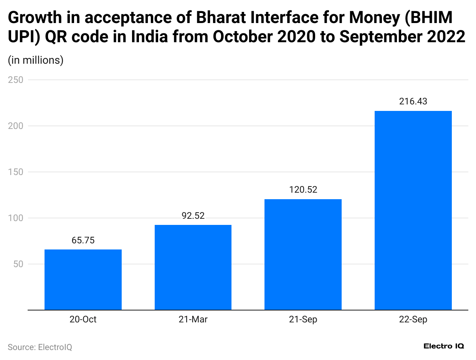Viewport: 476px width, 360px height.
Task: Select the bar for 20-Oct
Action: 83,279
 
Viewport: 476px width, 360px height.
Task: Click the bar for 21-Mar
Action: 193,267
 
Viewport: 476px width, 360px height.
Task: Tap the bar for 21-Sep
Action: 303,254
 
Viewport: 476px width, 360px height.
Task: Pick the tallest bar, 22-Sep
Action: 413,210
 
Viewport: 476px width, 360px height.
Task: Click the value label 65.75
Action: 83,241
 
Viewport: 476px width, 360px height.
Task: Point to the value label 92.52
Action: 193,216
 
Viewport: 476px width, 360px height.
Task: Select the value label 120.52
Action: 303,190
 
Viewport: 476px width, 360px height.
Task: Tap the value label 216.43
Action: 413,102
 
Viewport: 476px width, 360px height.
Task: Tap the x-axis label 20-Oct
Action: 83,319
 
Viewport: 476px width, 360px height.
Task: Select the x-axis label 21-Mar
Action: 193,319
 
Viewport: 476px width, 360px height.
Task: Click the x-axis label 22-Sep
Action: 413,319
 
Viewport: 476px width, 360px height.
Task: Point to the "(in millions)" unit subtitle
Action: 36,60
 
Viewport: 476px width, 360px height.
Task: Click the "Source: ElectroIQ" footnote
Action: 40,347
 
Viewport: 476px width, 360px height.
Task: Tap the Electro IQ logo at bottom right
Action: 443,346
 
